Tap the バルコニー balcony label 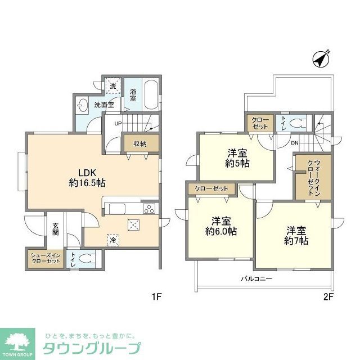point(256,278)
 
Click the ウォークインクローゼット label point(313,177)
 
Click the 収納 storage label point(139,143)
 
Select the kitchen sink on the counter point(119,209)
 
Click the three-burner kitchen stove point(149,209)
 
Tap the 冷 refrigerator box point(113,239)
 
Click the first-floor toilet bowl point(84,260)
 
